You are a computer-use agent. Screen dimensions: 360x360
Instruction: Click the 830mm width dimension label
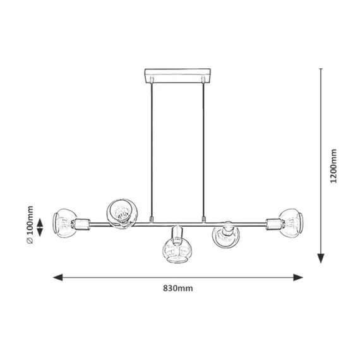click(178, 288)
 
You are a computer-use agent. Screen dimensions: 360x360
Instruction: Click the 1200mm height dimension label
click(333, 166)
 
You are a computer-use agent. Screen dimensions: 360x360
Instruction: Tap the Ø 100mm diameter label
click(30, 225)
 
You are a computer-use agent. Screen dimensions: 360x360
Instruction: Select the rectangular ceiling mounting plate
click(177, 75)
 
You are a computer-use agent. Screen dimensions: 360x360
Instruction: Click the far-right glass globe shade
click(292, 223)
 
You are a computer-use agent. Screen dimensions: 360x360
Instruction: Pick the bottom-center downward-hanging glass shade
click(177, 251)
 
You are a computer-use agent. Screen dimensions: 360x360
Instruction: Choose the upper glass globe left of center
click(122, 213)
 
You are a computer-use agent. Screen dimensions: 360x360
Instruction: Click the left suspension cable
click(152, 150)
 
